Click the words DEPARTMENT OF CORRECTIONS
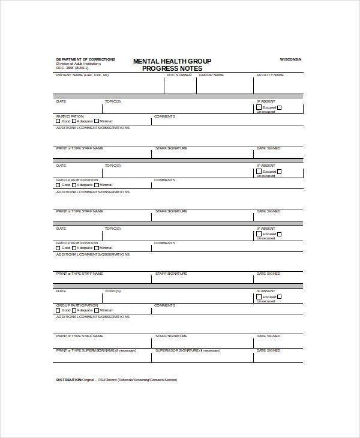tap(79, 59)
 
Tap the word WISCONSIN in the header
tap(291, 59)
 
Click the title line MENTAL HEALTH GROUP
tap(172, 61)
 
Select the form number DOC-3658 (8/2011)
tap(71, 68)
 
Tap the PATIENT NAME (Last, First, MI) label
tap(82, 75)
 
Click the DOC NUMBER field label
tap(179, 75)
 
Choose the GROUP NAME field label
tap(211, 75)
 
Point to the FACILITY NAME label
tap(270, 75)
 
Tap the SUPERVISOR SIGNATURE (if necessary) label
tap(187, 350)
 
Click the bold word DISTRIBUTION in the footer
tap(69, 380)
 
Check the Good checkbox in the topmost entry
tap(58, 121)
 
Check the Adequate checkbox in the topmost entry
tap(73, 121)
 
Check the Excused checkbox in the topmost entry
tap(259, 107)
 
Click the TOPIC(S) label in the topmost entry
tap(113, 102)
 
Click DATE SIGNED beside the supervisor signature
tap(268, 350)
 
